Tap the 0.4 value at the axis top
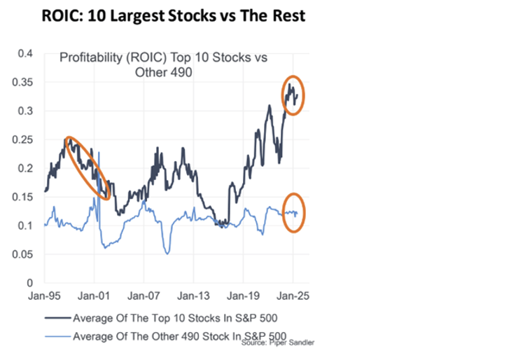click(x=26, y=53)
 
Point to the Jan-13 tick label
click(x=193, y=296)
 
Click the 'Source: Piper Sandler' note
click(x=278, y=345)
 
